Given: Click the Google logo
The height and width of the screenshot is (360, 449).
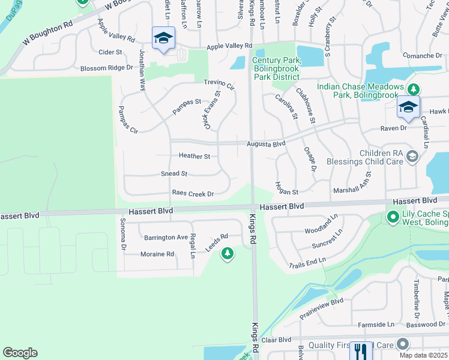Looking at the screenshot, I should [x=20, y=353].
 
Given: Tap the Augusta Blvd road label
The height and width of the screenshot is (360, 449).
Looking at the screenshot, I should [x=266, y=144].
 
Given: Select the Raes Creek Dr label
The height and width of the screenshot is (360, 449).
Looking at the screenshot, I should [x=193, y=194].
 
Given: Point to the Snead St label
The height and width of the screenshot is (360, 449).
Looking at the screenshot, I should [x=174, y=173].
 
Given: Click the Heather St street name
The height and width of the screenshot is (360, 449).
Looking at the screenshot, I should [x=194, y=156].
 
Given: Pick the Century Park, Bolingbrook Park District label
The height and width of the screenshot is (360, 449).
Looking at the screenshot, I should [x=276, y=68].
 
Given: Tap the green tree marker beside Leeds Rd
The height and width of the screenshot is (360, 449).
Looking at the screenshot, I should [x=227, y=253].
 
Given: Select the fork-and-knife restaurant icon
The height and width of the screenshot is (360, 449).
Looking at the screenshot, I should [x=360, y=350].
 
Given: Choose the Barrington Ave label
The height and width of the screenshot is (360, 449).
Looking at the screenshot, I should [x=166, y=238].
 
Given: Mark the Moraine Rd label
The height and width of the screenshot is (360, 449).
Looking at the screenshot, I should [x=157, y=254].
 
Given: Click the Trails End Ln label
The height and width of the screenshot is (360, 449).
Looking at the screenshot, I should [x=307, y=262].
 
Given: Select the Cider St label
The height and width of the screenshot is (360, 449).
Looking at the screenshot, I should [x=110, y=52].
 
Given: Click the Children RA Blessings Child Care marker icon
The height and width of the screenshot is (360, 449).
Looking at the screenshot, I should [x=412, y=157].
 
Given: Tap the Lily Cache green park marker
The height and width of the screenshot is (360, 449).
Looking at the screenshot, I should [x=393, y=217].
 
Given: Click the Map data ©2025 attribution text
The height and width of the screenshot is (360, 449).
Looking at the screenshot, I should [x=423, y=355].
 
